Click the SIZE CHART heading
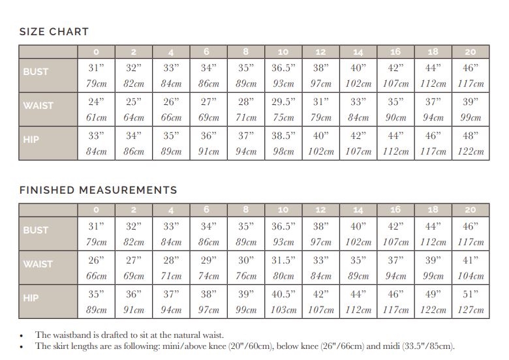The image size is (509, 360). click(x=54, y=31)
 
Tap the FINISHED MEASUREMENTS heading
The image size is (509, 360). click(x=98, y=190)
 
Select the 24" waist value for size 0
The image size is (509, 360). click(x=96, y=102)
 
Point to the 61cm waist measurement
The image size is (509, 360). click(x=96, y=118)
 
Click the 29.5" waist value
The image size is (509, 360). click(x=283, y=102)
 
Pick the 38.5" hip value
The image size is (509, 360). click(x=283, y=136)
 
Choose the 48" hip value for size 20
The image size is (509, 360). click(x=470, y=136)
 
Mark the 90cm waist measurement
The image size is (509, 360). click(x=395, y=118)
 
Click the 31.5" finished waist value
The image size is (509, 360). click(x=283, y=260)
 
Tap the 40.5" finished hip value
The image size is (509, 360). click(x=283, y=294)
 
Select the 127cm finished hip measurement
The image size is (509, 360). click(x=470, y=310)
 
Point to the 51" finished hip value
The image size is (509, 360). click(x=470, y=294)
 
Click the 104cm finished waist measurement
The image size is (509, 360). click(x=470, y=277)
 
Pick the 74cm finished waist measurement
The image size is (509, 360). click(x=208, y=277)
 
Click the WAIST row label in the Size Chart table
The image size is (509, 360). click(x=39, y=106)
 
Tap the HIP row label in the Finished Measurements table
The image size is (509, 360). click(x=31, y=298)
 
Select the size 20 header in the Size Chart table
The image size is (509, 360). click(x=470, y=52)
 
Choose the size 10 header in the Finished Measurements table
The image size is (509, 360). click(x=283, y=210)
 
